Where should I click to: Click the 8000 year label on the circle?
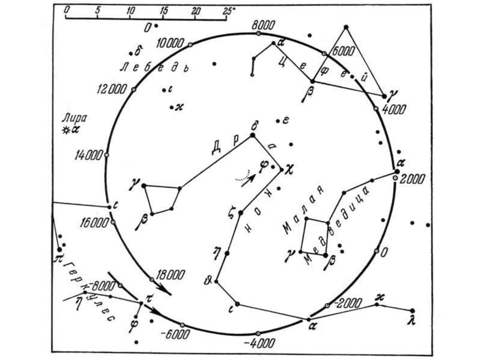click(x=261, y=24)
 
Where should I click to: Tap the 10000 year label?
click(x=170, y=44)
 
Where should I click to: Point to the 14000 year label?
click(x=89, y=155)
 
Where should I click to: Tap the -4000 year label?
click(x=260, y=343)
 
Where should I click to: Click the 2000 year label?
click(x=413, y=179)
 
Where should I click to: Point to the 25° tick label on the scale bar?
click(x=230, y=9)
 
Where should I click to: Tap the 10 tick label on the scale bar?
click(x=131, y=9)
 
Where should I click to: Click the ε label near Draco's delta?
click(x=286, y=121)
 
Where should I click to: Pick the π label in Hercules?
click(x=58, y=257)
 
